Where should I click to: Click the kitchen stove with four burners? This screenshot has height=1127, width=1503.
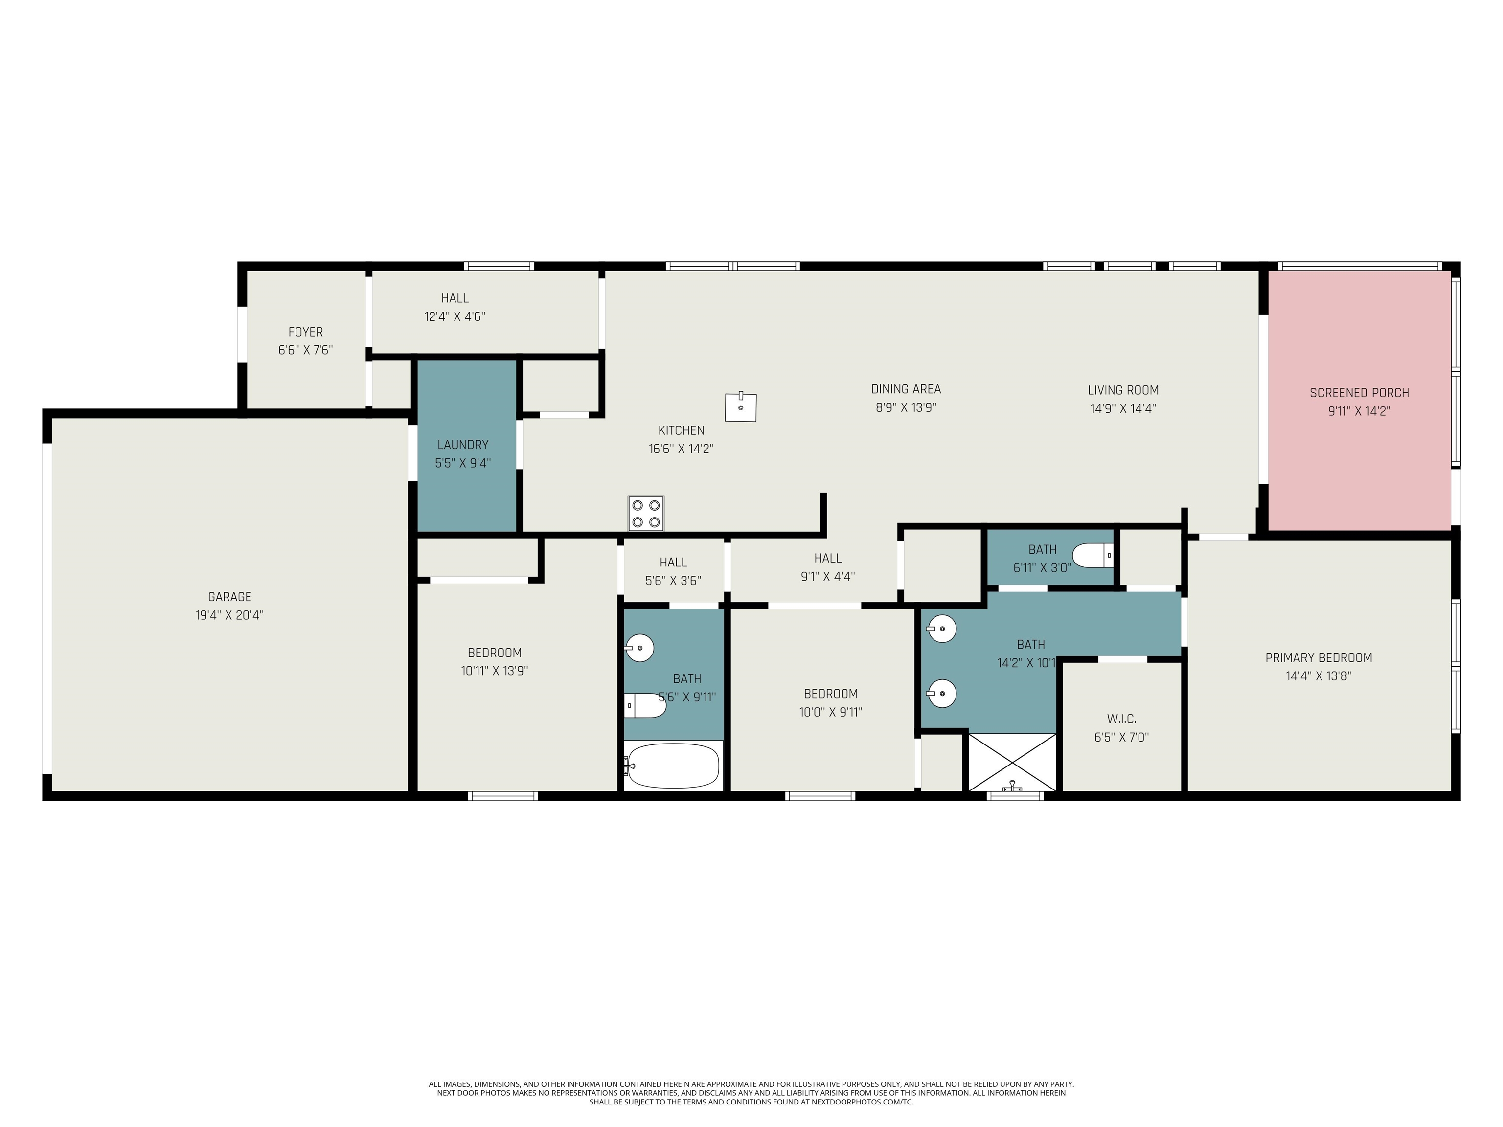tap(645, 513)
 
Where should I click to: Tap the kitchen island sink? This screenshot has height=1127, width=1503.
tap(741, 407)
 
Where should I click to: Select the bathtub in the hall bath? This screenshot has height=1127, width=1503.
tap(672, 766)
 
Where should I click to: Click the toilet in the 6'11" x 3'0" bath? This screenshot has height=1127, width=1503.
tap(1093, 555)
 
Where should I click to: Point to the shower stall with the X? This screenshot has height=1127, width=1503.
tap(1012, 762)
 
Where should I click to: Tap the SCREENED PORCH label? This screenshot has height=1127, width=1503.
tap(1359, 393)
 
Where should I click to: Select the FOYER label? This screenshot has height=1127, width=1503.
tap(306, 332)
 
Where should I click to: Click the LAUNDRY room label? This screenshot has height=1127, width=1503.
tap(463, 445)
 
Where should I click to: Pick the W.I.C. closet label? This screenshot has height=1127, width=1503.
tap(1121, 719)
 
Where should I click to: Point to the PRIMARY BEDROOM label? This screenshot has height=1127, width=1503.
tap(1318, 657)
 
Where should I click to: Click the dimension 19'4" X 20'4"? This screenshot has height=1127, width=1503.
tap(229, 615)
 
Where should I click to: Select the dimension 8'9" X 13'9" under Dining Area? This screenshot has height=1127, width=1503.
tap(906, 407)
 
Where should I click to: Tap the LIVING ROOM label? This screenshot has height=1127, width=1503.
tap(1123, 390)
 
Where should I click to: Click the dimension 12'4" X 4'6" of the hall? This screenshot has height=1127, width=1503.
tap(455, 316)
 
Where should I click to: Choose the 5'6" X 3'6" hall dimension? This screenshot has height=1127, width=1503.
tap(673, 581)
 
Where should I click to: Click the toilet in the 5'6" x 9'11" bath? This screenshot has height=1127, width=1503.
tap(645, 706)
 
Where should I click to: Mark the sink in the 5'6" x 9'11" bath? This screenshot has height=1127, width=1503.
tap(639, 648)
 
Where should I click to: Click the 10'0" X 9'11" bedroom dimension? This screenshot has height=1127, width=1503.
tap(830, 712)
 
